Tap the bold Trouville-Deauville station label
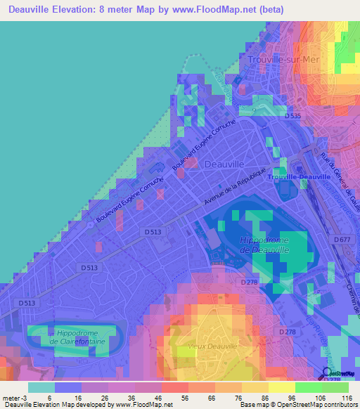coord(300,177)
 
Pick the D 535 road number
coord(293,115)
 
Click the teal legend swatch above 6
coord(41,387)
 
